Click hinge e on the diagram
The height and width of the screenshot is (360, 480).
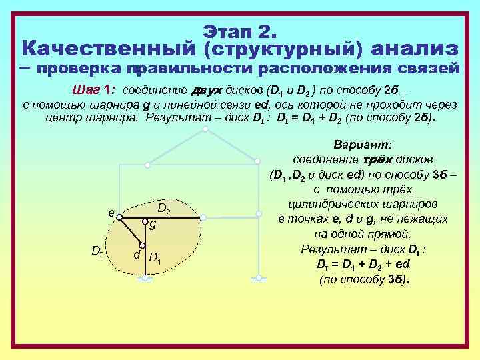click(117, 217)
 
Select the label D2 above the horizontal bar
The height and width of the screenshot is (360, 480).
click(165, 210)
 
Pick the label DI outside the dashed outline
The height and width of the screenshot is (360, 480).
click(97, 251)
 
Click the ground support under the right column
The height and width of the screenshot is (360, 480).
click(257, 279)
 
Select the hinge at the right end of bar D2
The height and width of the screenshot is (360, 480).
click(203, 217)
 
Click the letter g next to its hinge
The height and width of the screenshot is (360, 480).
click(153, 225)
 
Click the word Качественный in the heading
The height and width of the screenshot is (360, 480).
click(107, 49)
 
